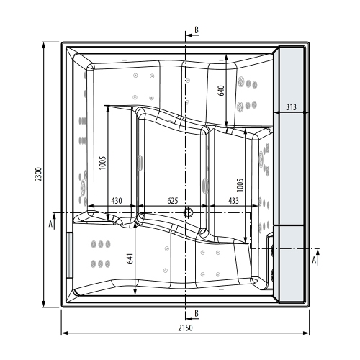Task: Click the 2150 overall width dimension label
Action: [x=185, y=328]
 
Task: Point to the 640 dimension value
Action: [x=222, y=91]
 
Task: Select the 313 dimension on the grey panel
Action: [x=292, y=107]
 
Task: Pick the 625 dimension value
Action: [x=173, y=199]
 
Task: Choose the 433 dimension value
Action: [x=234, y=199]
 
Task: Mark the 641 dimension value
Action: [x=130, y=258]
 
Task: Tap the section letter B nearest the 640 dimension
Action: [x=195, y=31]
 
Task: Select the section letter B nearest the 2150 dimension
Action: [x=195, y=313]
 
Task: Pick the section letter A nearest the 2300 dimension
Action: [x=50, y=224]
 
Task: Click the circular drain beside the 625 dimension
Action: [x=189, y=212]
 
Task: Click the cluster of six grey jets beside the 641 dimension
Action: [x=99, y=252]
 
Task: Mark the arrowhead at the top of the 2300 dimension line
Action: [x=45, y=45]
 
